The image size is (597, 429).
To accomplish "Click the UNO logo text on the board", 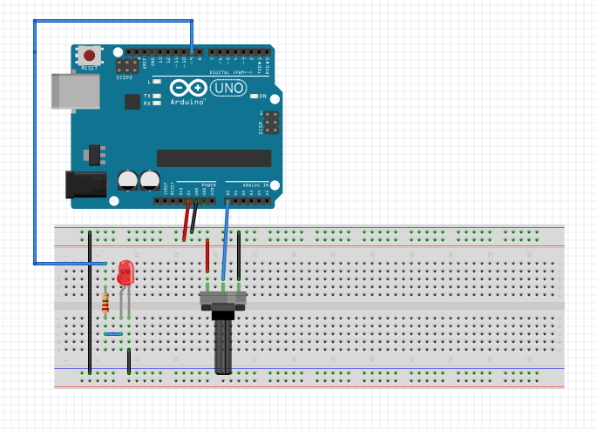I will tap(229, 88).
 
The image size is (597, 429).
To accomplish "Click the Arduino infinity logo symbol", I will tap(188, 88).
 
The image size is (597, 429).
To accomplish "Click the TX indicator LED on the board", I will tap(157, 96).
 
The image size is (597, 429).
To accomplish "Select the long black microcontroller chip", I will tap(214, 157).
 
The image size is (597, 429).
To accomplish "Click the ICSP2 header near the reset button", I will tap(127, 65).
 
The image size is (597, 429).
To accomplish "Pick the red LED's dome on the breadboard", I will tap(126, 272).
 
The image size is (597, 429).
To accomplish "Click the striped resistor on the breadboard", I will tap(106, 303).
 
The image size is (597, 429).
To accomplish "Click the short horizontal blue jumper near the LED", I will tap(112, 333).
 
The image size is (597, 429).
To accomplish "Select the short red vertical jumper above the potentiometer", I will tap(207, 256).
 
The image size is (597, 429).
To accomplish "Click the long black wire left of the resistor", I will tap(90, 305).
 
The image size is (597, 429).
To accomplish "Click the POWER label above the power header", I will tap(209, 185).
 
